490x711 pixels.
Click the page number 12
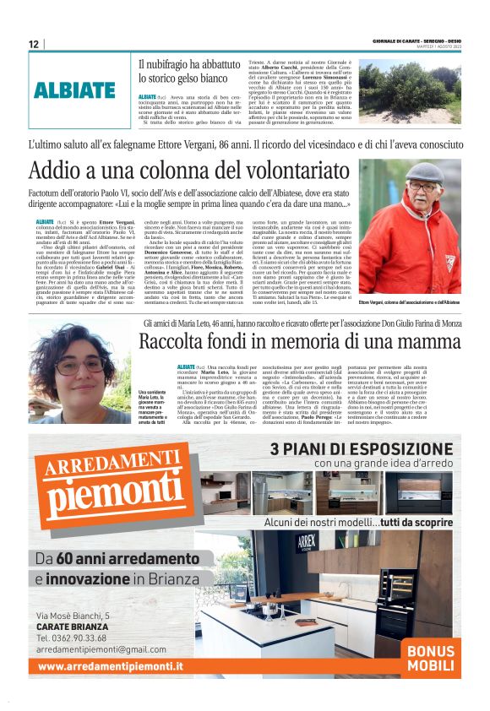(34, 45)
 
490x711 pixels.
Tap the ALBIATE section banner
(74, 90)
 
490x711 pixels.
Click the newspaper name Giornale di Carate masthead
(417, 41)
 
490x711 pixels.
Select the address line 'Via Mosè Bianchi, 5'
(73, 616)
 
